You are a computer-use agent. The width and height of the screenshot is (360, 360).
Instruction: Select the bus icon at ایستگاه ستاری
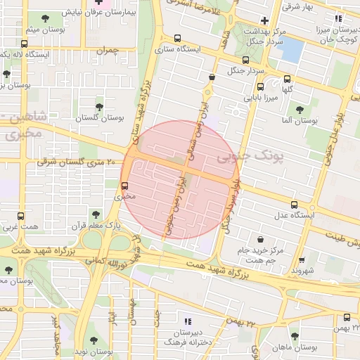tap(176, 39)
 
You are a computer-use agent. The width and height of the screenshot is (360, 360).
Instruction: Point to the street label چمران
tap(108, 51)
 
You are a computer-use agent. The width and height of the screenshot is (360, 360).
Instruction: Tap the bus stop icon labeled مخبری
tap(124, 186)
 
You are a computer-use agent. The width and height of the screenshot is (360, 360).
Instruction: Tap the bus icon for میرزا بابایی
tap(261, 87)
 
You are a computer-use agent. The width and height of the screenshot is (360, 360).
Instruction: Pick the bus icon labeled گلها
tap(287, 79)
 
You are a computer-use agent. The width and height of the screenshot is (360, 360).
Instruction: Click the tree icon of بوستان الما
tap(300, 110)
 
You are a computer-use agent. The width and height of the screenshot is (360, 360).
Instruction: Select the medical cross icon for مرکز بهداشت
tap(264, 20)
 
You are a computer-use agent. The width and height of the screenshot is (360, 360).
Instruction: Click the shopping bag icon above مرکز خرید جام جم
tap(261, 239)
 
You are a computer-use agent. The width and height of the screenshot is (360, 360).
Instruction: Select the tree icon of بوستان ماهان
tap(294, 336)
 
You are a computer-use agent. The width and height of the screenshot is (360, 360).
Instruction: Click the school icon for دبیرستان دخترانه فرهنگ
tap(187, 321)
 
